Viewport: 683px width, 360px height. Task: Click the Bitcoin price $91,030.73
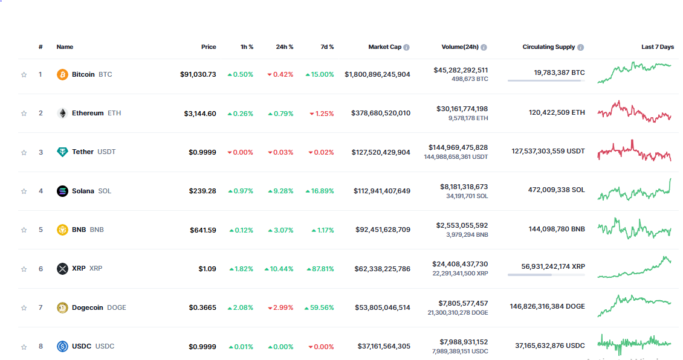click(198, 74)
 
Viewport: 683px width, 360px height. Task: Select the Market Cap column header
click(384, 47)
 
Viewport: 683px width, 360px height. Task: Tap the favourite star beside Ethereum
click(24, 113)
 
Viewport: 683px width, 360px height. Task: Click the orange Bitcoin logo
click(62, 74)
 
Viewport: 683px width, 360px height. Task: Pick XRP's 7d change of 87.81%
click(320, 269)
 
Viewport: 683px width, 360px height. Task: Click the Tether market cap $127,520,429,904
click(381, 152)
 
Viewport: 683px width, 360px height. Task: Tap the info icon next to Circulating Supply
click(581, 48)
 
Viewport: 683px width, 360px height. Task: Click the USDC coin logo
click(62, 347)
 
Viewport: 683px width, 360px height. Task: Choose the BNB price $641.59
click(203, 230)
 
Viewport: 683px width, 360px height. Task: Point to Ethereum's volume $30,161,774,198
click(462, 109)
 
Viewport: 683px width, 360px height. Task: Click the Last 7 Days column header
click(657, 47)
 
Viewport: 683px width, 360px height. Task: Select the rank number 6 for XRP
click(41, 269)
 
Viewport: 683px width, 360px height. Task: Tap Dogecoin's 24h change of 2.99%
click(280, 308)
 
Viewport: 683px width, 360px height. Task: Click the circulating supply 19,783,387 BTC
click(559, 72)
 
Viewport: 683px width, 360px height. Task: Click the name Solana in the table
click(83, 191)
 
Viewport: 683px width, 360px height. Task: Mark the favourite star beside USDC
click(24, 347)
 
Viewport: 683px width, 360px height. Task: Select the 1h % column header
click(247, 47)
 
